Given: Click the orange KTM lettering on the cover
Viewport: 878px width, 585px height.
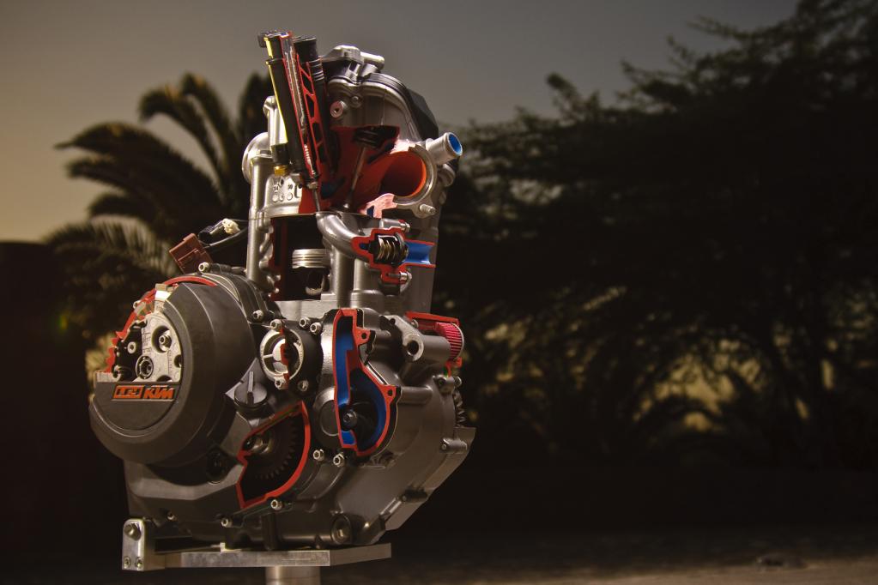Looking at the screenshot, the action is (x=159, y=392).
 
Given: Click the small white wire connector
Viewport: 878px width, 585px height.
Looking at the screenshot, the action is (x=230, y=226).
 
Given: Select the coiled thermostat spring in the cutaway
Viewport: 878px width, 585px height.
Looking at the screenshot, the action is (x=391, y=250).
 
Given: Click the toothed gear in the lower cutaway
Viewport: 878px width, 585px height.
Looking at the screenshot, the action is (x=276, y=448).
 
